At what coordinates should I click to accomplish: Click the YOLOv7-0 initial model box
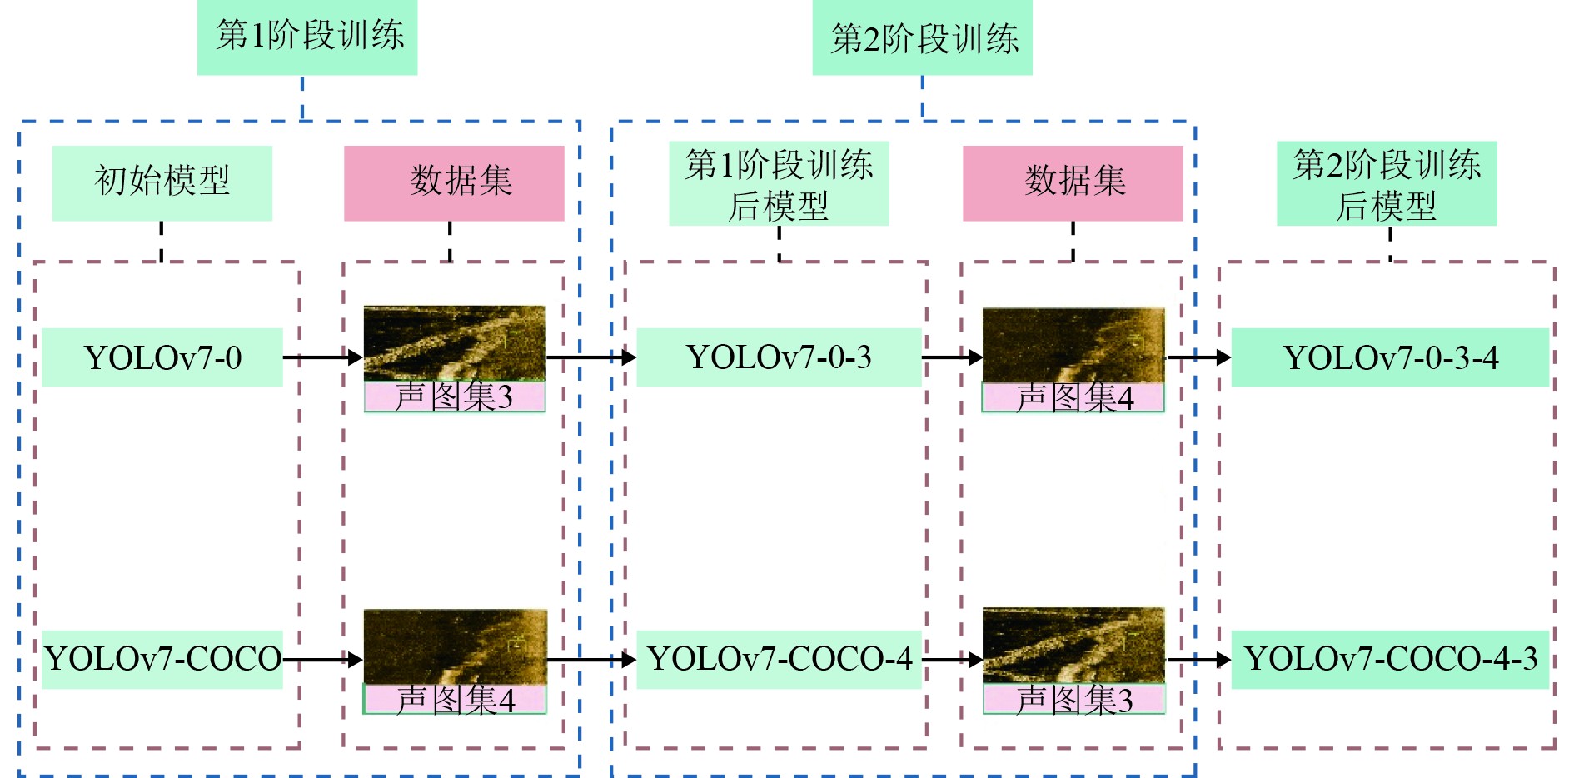tap(162, 357)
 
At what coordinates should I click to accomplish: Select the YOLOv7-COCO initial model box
tap(162, 659)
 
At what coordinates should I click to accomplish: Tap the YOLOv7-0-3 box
tap(779, 357)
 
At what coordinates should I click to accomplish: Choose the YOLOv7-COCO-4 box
tap(779, 659)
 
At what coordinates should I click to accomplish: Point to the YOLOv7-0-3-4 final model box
tap(1390, 357)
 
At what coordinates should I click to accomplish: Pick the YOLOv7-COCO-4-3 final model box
tap(1390, 659)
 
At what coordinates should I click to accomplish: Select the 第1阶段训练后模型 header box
tap(779, 183)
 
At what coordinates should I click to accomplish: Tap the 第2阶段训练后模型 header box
tap(1387, 183)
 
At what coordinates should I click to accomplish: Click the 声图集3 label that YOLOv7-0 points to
tap(455, 397)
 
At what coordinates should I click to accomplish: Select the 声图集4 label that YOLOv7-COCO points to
tap(455, 699)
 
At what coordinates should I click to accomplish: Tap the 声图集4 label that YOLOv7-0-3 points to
tap(1073, 398)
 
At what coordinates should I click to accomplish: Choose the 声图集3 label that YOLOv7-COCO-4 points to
tap(1073, 700)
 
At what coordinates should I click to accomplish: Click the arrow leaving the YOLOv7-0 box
tap(321, 357)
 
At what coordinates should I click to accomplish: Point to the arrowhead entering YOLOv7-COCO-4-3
tap(1223, 660)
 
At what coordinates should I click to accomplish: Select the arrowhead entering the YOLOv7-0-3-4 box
tap(1223, 357)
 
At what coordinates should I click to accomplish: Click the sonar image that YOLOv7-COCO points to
tap(455, 646)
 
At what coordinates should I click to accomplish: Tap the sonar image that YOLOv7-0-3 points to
tap(1073, 345)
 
